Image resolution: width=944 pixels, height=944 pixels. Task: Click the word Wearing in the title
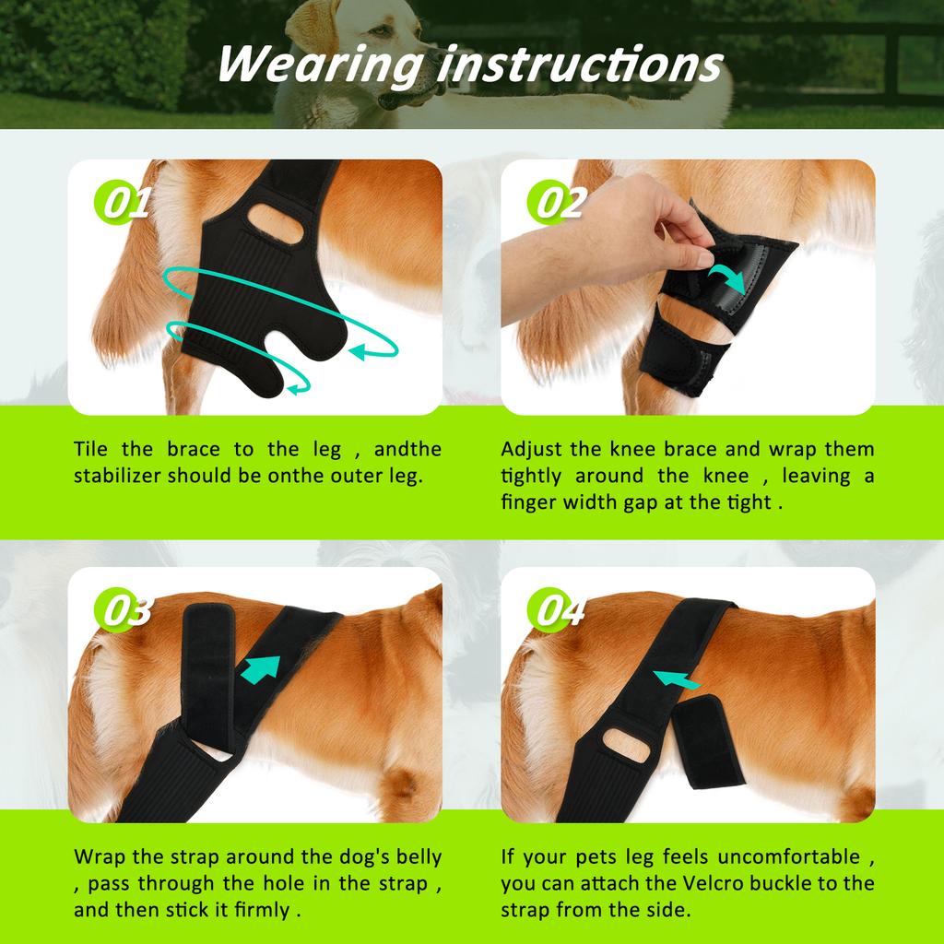click(x=313, y=64)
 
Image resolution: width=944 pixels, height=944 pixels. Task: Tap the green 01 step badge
click(x=123, y=204)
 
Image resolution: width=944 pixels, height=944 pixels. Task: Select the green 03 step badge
click(x=123, y=611)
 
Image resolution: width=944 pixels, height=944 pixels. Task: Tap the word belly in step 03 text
click(x=417, y=856)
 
